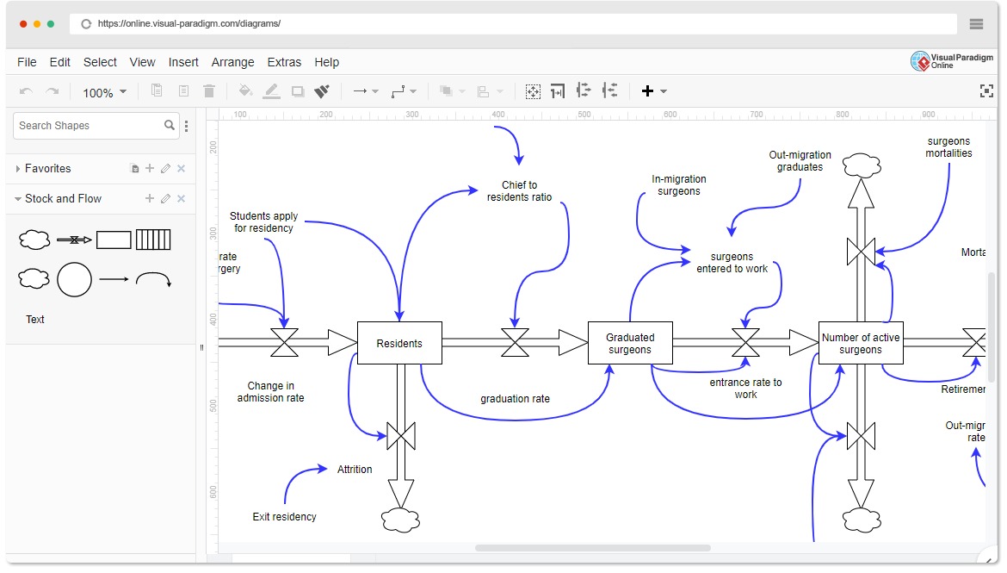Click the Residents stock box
coord(399,343)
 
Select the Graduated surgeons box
coord(630,343)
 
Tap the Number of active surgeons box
coord(861,343)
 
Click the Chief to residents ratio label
coord(519,190)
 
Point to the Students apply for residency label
coord(263,221)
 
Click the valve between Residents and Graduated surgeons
coord(515,342)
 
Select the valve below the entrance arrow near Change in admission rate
coord(284,342)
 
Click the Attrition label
coord(355,470)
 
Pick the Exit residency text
coord(284,517)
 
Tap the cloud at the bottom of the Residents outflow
coord(400,520)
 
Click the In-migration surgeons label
coord(678,185)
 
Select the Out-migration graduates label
coord(800,161)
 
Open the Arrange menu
coord(232,62)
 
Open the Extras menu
coord(284,62)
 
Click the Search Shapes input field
coord(90,126)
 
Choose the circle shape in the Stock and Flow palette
coord(74,279)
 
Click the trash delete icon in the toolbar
coord(209,91)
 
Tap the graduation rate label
coord(515,399)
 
